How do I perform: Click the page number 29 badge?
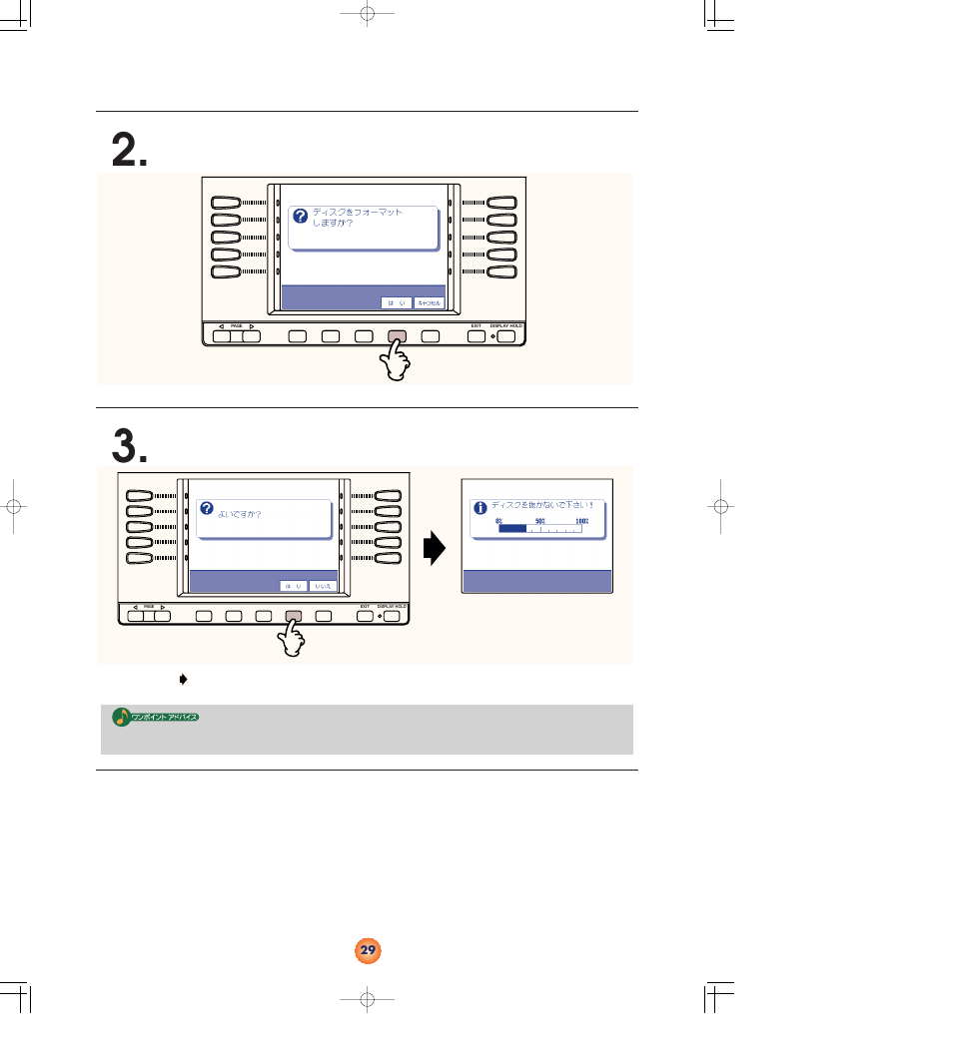[x=368, y=950]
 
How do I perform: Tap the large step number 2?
[x=130, y=151]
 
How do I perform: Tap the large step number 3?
[x=130, y=445]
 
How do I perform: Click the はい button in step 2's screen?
[x=396, y=301]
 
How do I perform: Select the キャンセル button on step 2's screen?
[x=429, y=301]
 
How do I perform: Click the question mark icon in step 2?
[x=300, y=217]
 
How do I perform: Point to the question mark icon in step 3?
[x=207, y=508]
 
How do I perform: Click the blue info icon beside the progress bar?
[x=479, y=508]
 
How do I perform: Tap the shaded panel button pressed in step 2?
[x=397, y=336]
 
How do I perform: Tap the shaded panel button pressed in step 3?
[x=294, y=616]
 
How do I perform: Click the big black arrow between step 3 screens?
[x=435, y=548]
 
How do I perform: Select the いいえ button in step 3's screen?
[x=323, y=586]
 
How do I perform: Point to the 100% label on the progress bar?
[x=582, y=521]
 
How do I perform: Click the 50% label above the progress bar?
[x=540, y=521]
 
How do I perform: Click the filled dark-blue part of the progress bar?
[x=511, y=530]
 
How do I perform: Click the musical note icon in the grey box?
[x=120, y=717]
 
